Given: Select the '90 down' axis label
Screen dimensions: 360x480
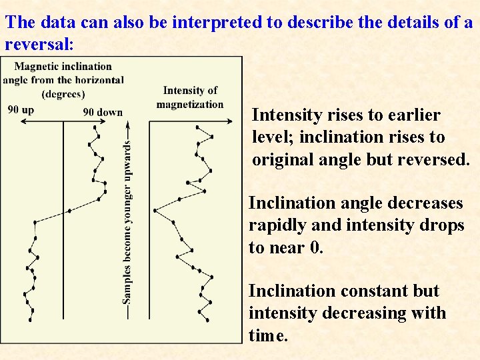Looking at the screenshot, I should pos(103,112).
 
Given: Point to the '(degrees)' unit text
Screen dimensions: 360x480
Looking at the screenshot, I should pos(63,93).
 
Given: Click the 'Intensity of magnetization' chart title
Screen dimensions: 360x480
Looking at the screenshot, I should pos(190,97).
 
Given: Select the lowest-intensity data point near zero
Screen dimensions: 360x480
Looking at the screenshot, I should pos(155,210).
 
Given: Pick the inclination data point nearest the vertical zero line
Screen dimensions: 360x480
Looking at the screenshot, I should pos(69,212).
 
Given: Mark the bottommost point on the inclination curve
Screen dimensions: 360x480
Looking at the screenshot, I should pos(30,320).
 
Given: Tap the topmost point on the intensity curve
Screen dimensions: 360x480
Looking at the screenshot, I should pos(198,127).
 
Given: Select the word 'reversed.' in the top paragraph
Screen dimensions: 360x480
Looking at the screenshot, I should pos(438,159).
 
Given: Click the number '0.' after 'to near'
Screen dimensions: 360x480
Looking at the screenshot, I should pos(317,247).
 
